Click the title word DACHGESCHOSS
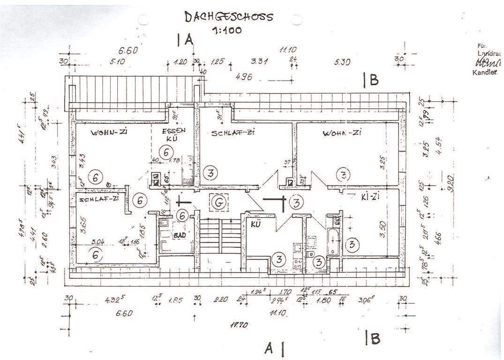coord(228,17)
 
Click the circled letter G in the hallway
coord(217,202)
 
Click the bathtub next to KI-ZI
coord(333,241)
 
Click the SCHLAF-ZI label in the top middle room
coord(233,133)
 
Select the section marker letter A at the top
coord(189,40)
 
